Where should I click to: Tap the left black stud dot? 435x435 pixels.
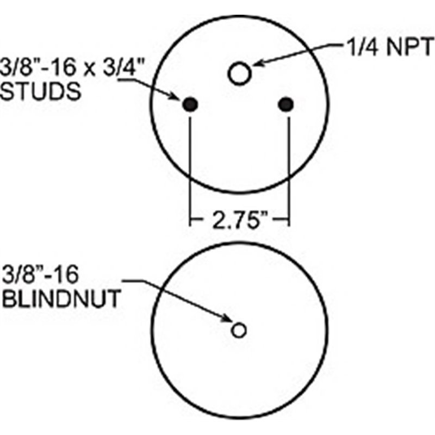pos(190,104)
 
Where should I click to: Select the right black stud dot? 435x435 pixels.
pos(286,104)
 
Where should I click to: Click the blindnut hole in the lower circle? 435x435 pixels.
pos(239,330)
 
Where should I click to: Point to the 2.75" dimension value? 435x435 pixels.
pos(239,221)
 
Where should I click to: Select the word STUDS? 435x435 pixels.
pos(41,91)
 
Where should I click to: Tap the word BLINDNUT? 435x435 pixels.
pos(61,299)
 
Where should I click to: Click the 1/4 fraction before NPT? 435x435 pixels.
pos(363,47)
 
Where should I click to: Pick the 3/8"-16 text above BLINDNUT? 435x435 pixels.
pos(40,275)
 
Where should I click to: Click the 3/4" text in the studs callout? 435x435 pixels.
pos(125,67)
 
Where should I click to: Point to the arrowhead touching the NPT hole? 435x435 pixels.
pos(257,64)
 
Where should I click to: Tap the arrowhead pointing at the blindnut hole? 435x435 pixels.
pos(226,318)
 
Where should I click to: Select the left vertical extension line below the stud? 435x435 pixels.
pos(190,171)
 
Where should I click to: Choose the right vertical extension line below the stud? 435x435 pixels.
pos(289,171)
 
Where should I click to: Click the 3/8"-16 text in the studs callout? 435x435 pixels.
pos(38,67)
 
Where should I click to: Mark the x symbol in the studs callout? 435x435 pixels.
pos(90,70)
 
